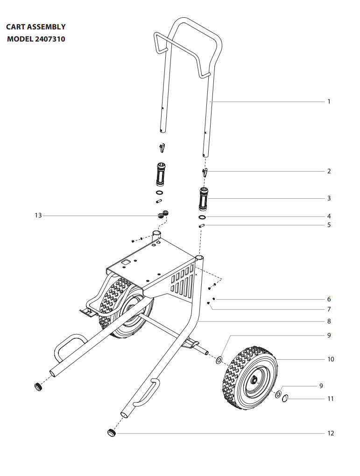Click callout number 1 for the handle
329,101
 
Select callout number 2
329,171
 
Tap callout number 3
329,198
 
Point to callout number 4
329,217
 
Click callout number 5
329,225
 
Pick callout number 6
329,299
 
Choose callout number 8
329,322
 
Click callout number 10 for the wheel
331,359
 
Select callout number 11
331,399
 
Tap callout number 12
331,434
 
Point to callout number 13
38,216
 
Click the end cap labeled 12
111,433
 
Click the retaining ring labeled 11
285,398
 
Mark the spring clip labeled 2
205,173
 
